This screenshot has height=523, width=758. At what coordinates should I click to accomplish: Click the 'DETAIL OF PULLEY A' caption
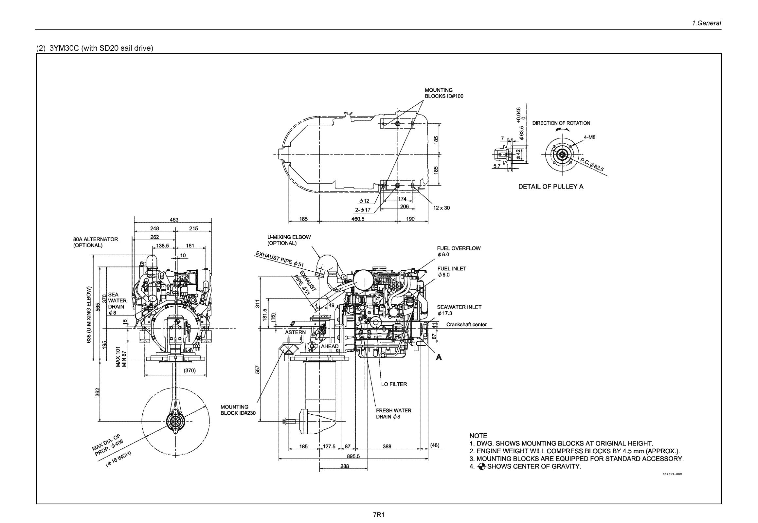point(550,187)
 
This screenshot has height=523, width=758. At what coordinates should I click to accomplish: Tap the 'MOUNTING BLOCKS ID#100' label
point(444,93)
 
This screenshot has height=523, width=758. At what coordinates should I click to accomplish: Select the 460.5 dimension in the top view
point(358,219)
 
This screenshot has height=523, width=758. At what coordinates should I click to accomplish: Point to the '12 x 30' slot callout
point(441,208)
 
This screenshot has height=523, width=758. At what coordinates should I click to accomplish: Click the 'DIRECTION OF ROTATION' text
point(561,123)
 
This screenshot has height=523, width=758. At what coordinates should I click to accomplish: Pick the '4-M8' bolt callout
point(589,137)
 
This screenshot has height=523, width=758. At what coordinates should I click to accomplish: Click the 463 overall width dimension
point(174,220)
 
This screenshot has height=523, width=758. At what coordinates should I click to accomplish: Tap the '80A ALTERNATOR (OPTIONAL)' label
point(95,242)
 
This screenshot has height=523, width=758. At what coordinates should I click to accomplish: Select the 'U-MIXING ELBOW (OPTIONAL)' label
point(289,240)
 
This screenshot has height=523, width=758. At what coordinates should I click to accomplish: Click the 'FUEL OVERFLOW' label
point(459,248)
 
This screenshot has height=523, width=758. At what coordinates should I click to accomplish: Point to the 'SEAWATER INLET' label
point(459,307)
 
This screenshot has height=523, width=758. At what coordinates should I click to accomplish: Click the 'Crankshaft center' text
point(466,324)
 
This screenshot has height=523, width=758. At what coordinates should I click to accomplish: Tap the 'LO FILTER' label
point(394,384)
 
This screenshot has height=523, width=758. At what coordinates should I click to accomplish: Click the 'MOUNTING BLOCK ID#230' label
point(238,410)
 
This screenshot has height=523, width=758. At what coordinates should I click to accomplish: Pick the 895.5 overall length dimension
point(353,456)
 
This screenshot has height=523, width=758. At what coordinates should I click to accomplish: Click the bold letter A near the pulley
point(439,357)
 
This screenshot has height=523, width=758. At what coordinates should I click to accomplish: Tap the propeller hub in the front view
point(175,422)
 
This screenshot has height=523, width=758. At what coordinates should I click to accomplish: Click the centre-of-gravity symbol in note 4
point(481,467)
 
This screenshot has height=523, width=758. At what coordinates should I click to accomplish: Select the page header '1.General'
point(706,23)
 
